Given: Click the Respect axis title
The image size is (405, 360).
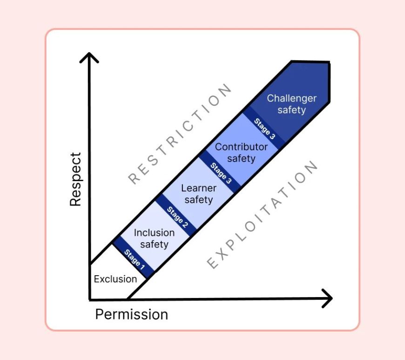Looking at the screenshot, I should pos(75,179).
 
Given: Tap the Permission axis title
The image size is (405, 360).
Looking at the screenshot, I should pos(131,314).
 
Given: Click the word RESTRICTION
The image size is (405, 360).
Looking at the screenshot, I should pos(180,134).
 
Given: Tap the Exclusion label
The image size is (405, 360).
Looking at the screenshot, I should pos(115,279).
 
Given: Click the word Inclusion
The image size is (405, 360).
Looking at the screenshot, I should pos(154,233).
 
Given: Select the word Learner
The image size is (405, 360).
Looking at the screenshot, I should pos(199,189).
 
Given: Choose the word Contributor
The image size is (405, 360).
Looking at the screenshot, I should pos(241,147).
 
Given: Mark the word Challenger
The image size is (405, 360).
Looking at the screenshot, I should pos(291,98).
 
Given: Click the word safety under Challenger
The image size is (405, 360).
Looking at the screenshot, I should pos(291,110).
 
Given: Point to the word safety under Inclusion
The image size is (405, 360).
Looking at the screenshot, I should pos(154,245).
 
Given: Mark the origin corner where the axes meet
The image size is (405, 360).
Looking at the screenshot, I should pos(89,299).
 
